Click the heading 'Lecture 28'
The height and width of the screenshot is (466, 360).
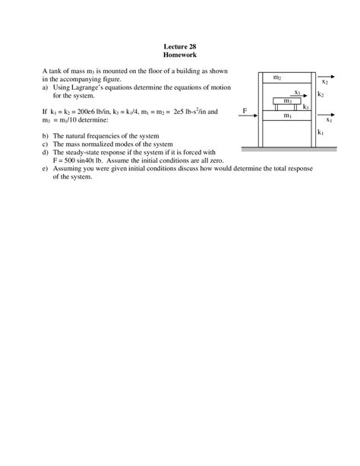[x=180, y=47]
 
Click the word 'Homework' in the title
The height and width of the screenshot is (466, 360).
[x=180, y=56]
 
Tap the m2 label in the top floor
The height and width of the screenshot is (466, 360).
[x=277, y=78]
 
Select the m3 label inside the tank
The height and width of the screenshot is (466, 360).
[x=287, y=100]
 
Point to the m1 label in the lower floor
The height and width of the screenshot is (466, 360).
[x=287, y=116]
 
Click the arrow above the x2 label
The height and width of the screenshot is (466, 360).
[x=325, y=73]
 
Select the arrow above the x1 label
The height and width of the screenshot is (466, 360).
[x=328, y=112]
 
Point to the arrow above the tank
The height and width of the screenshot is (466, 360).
[x=302, y=94]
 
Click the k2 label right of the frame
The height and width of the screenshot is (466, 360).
[x=321, y=94]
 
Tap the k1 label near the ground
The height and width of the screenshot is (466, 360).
[x=321, y=132]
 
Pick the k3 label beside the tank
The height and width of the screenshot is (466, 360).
[x=305, y=107]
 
